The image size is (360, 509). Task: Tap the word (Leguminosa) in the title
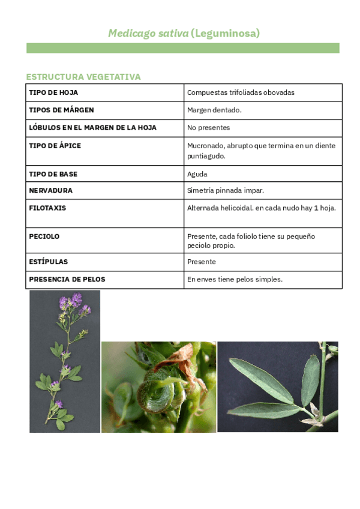pos(225,34)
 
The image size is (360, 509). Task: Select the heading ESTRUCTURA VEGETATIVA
pos(83,77)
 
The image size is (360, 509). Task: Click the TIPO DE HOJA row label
pos(53,92)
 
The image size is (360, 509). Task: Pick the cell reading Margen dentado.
pos(214,110)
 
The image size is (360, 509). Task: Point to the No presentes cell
pos(208,128)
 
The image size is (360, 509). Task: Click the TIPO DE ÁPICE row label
pos(55,146)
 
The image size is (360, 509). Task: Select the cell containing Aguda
pos(197,174)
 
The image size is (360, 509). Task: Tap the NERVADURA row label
pos(51,190)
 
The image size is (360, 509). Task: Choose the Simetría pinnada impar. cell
pos(226,190)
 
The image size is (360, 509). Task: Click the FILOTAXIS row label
pos(47,208)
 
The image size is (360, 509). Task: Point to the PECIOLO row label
pos(44,236)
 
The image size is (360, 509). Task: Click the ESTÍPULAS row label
pos(49,262)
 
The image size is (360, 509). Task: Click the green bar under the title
pos(182,48)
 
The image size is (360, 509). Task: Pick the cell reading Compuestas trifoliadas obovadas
pos(241,92)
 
